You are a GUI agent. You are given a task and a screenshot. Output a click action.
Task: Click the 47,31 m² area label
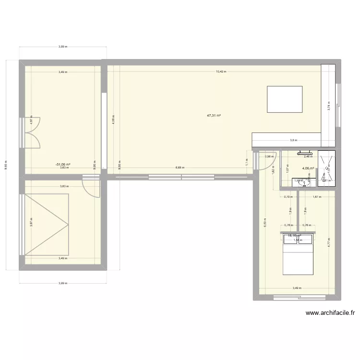pos(214,115)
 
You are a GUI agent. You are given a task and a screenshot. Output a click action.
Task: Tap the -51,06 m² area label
pos(62,164)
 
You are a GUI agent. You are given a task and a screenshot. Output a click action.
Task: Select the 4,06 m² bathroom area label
pos(308,168)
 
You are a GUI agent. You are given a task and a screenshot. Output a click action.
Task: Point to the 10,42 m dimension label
pos(220,72)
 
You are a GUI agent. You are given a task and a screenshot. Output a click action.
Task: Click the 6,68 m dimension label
pos(180,168)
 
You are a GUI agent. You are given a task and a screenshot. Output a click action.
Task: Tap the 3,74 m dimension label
pos(329,106)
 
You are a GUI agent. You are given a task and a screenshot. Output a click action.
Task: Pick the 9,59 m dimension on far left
pos(6,165)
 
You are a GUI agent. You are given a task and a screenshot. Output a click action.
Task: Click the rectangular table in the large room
pos(284,99)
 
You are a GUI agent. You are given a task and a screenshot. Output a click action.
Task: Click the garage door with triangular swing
pos(46,224)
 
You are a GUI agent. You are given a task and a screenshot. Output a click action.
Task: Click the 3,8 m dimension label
pos(293,141)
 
